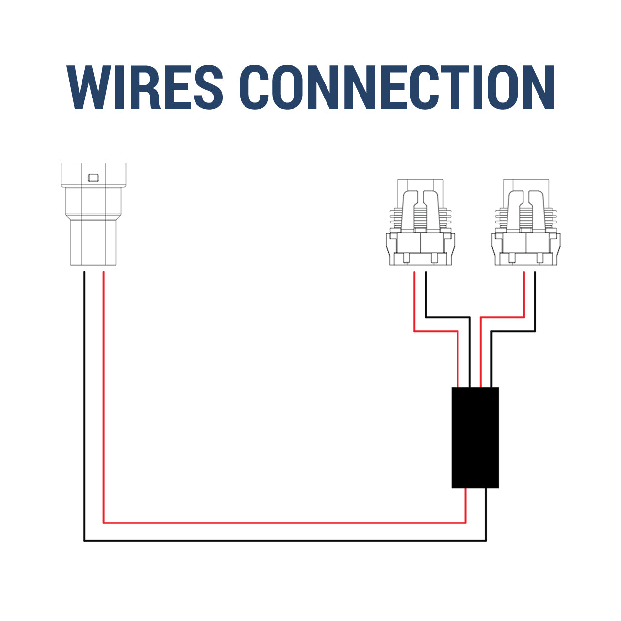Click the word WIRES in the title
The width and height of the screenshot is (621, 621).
point(145,87)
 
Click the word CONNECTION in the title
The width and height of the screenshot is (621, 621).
point(397,87)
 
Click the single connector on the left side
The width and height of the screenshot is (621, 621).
point(94,214)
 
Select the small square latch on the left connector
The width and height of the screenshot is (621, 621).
point(94,178)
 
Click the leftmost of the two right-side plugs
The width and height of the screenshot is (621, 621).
point(420,222)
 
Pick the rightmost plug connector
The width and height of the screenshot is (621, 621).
point(526,222)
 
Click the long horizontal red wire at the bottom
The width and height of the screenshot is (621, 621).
point(285,523)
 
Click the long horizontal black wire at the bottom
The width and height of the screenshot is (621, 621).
point(285,541)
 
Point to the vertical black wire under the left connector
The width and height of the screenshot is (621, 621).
point(84,406)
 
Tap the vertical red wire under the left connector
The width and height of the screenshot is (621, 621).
point(103,397)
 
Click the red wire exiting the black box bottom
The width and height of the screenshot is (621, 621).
point(465,510)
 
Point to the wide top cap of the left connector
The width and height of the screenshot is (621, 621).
point(94,175)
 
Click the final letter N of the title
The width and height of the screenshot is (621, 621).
point(538,87)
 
